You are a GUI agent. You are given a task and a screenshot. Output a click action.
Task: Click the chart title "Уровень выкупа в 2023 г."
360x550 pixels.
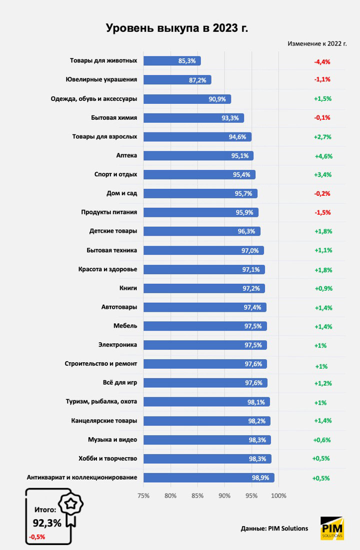(x=176, y=28)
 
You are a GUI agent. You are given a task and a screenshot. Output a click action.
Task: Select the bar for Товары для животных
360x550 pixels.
(x=172, y=61)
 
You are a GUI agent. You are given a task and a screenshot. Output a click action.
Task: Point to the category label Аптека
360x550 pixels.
(x=126, y=156)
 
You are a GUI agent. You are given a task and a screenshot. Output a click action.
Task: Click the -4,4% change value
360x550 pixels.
(x=322, y=61)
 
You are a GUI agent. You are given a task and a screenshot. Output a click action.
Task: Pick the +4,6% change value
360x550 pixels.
(x=323, y=156)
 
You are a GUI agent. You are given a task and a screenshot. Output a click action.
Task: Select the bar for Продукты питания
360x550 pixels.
(x=200, y=212)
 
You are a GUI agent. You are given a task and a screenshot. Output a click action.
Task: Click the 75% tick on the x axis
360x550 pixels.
(x=143, y=496)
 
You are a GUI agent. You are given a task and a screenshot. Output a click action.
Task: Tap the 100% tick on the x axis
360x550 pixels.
(x=278, y=496)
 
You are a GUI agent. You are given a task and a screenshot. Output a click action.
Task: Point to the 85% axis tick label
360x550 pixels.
(x=197, y=496)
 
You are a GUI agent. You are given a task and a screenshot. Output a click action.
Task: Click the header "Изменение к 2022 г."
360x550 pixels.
(x=317, y=43)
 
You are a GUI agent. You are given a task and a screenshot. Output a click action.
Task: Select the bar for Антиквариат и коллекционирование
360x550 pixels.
(x=208, y=478)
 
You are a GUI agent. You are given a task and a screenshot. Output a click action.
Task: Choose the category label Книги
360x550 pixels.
(x=128, y=288)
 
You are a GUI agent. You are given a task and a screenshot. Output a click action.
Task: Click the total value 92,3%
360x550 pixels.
(x=47, y=523)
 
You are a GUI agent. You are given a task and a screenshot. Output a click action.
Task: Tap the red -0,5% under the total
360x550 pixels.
(x=37, y=537)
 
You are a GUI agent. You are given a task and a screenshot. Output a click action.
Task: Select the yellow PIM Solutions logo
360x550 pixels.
(x=332, y=529)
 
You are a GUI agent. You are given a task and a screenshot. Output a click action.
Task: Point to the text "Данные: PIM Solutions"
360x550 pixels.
(x=274, y=528)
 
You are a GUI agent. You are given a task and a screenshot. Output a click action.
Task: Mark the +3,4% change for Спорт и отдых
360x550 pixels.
(x=323, y=175)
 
